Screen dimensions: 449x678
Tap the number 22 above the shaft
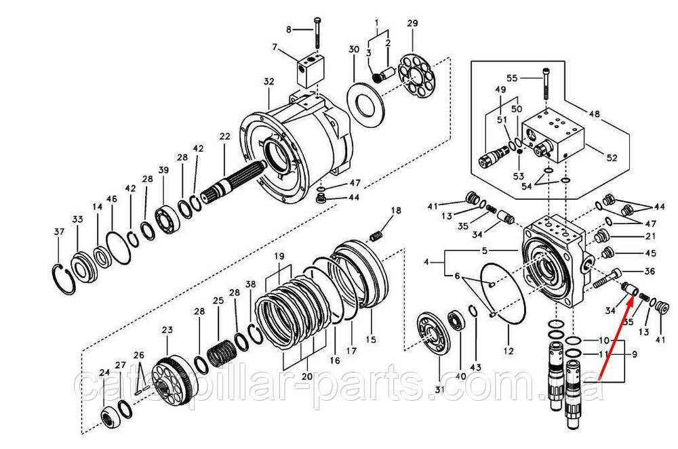tap(224, 137)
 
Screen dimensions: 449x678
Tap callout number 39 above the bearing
tap(163, 170)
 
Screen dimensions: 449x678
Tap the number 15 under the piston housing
tap(370, 339)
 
